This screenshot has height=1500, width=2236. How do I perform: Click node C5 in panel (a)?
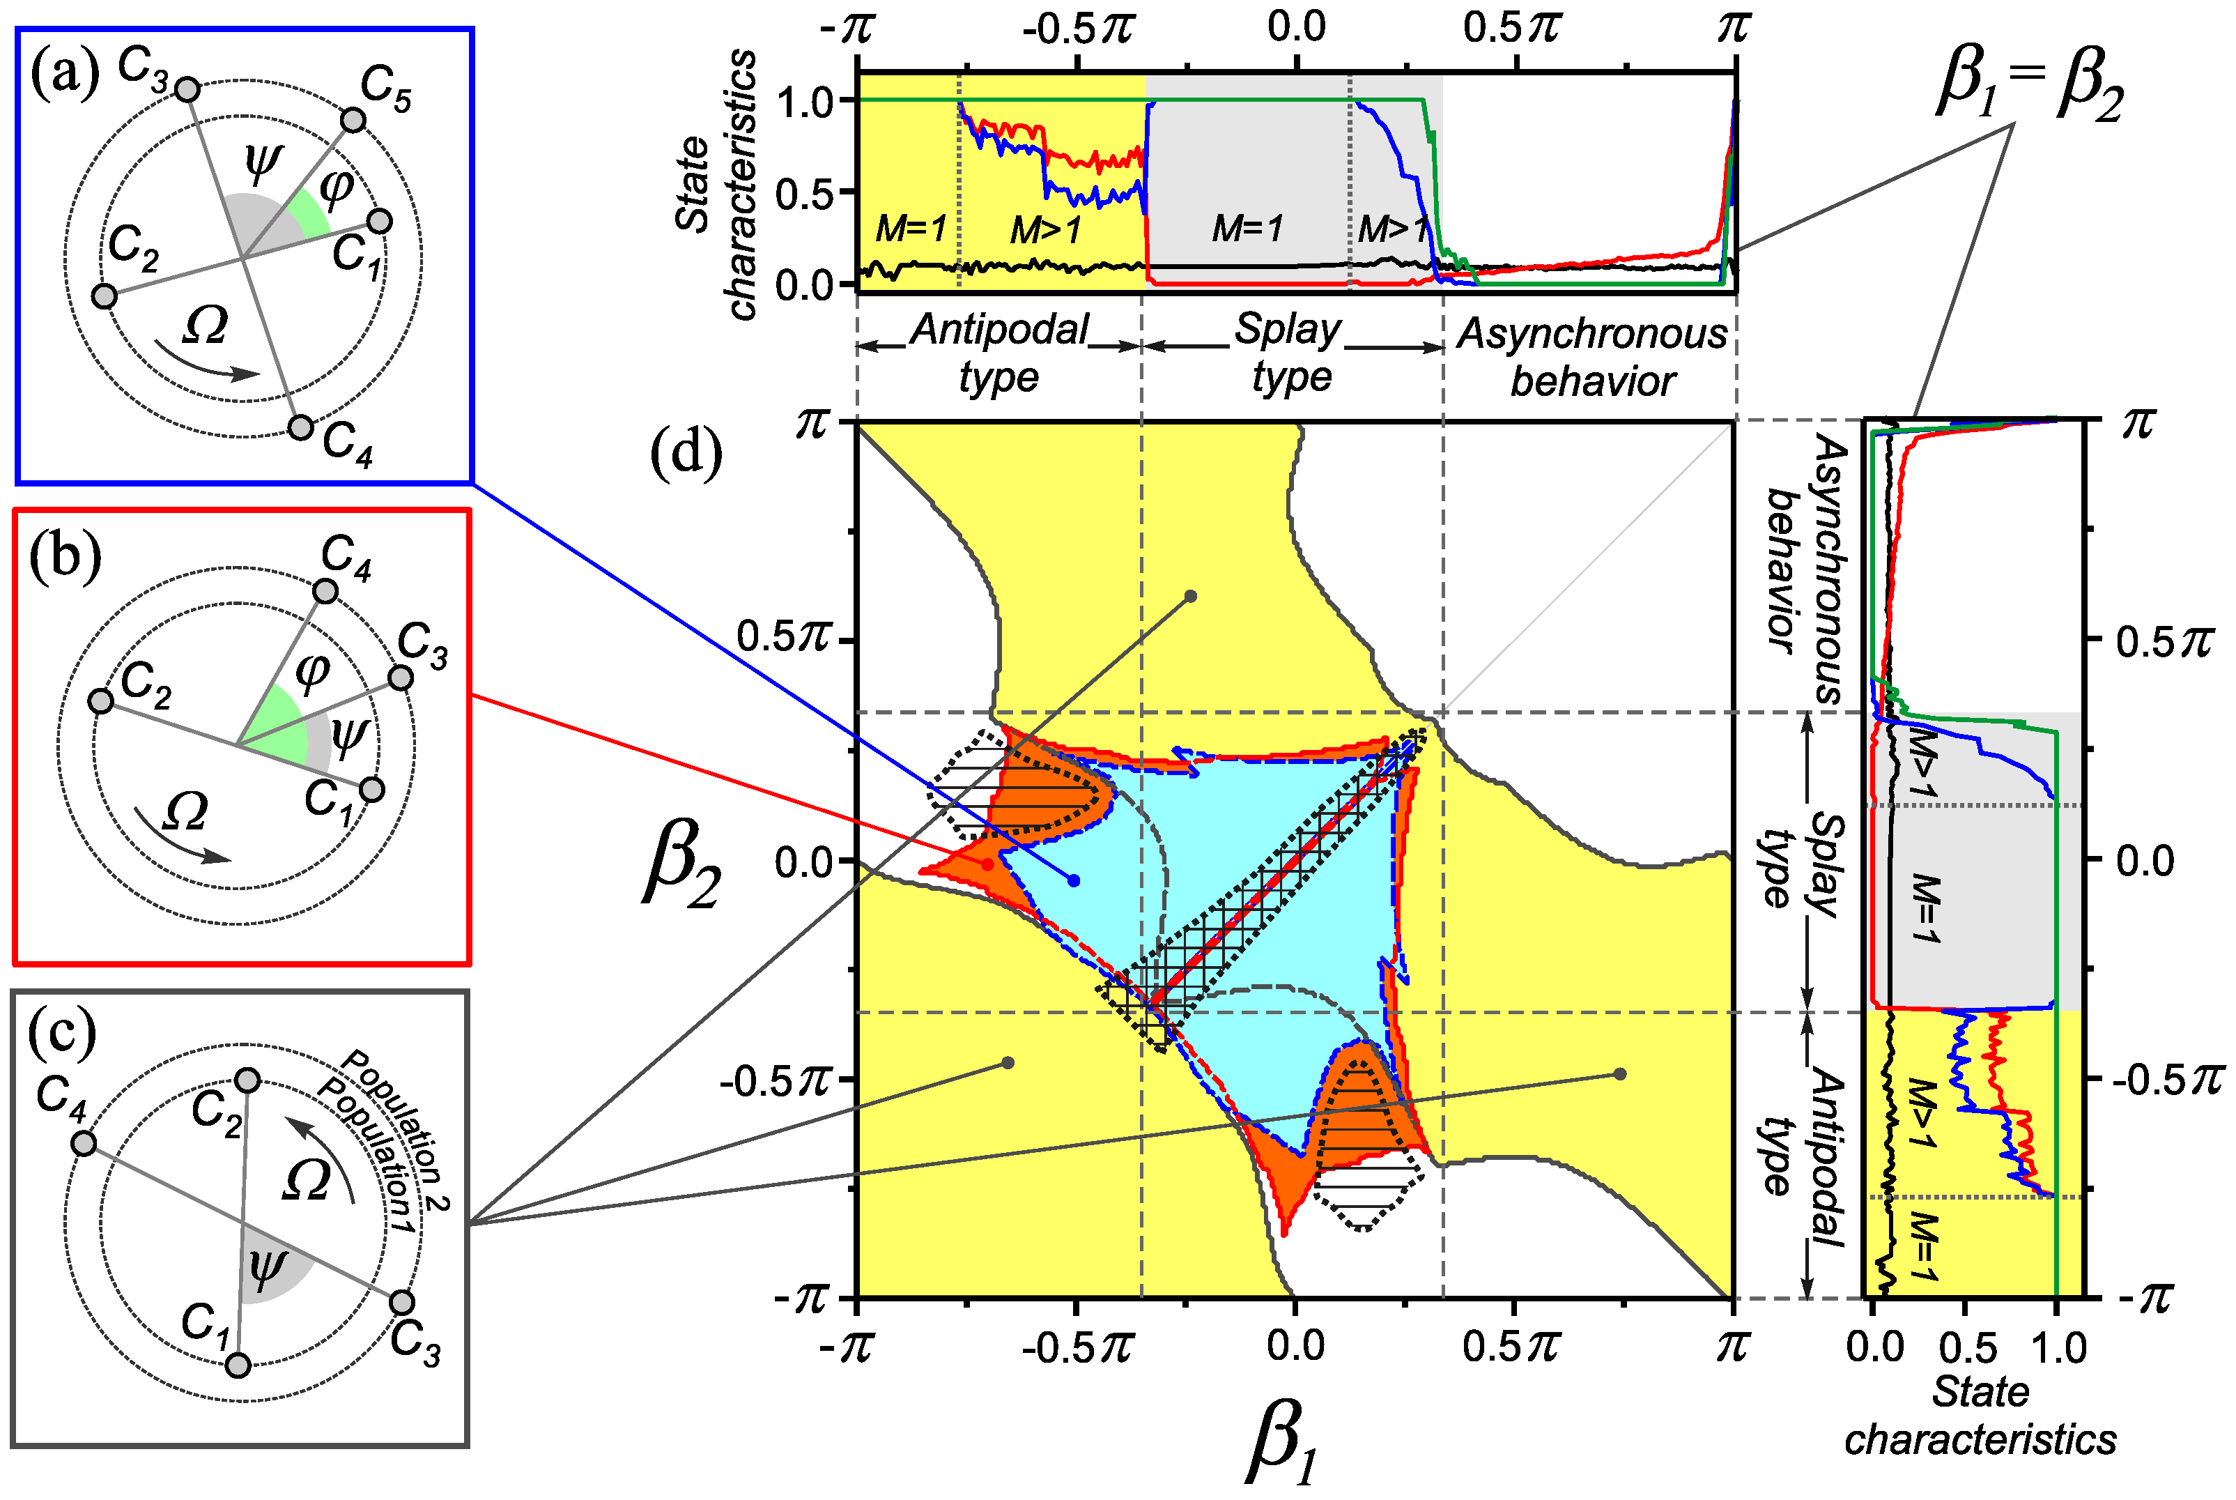[353, 121]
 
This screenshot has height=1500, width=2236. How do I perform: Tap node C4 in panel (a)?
[300, 427]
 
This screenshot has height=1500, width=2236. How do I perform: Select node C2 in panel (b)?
[100, 701]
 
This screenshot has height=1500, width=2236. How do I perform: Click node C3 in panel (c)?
[401, 1302]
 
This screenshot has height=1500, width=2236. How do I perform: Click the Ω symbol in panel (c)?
[306, 1181]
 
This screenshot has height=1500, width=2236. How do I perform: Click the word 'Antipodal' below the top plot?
[999, 330]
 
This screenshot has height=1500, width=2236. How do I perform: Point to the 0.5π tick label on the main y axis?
[782, 636]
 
